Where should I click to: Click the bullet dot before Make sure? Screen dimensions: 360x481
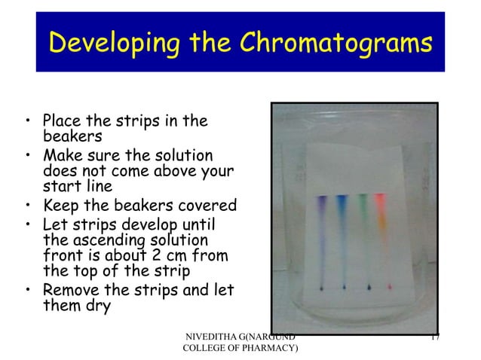pos(27,157)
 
